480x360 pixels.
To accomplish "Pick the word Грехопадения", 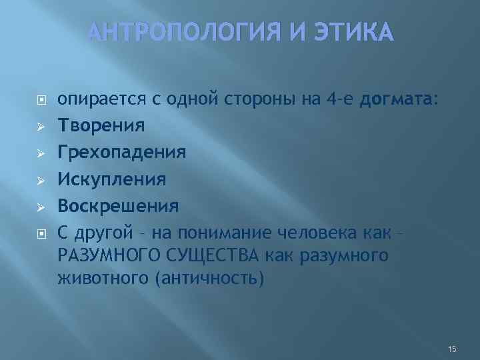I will [x=121, y=153].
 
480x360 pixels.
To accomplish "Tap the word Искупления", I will [x=111, y=179].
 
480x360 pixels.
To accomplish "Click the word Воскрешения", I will [x=117, y=205].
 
